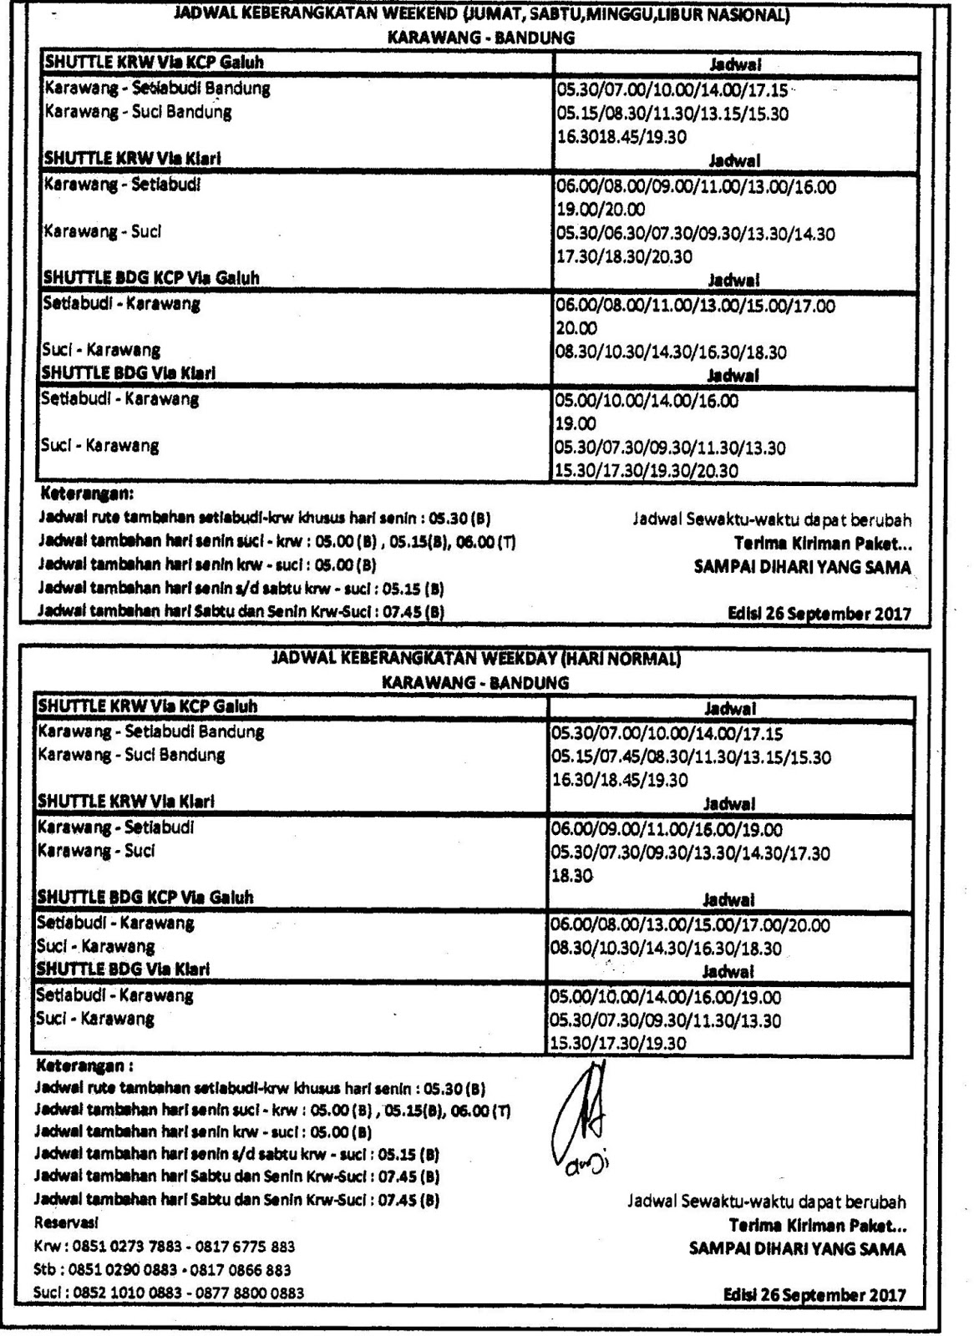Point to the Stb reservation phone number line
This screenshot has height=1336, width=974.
pyautogui.click(x=162, y=1270)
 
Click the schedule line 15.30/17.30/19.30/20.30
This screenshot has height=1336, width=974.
pyautogui.click(x=647, y=471)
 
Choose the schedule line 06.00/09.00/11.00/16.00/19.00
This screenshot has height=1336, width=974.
pyautogui.click(x=666, y=830)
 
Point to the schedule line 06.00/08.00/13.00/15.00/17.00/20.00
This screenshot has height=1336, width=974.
pyautogui.click(x=690, y=925)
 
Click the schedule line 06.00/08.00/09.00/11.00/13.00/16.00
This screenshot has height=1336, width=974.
pyautogui.click(x=696, y=186)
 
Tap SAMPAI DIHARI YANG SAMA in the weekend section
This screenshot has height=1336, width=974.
pyautogui.click(x=803, y=567)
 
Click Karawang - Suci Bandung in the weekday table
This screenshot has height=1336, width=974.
pyautogui.click(x=131, y=756)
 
